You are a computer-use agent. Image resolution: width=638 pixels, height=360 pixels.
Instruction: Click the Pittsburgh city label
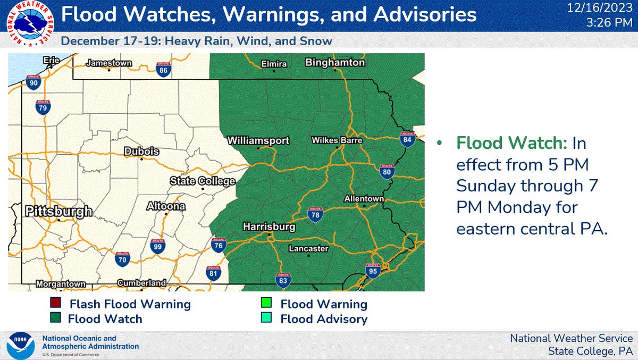(58, 212)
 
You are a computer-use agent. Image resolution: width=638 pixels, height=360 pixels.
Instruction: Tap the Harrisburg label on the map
(268, 227)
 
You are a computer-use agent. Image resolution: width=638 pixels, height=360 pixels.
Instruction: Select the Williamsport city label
(258, 141)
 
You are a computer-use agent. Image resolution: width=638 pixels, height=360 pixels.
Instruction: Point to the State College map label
(202, 181)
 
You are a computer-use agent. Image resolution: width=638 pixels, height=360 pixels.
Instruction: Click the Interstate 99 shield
(157, 246)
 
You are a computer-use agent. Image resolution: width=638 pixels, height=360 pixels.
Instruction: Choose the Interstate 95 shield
(373, 271)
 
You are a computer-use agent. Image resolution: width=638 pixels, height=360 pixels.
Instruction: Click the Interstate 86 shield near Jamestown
(164, 69)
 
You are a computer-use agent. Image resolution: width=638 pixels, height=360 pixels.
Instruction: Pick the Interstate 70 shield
(123, 259)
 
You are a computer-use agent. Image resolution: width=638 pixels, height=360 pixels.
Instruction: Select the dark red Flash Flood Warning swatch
(54, 304)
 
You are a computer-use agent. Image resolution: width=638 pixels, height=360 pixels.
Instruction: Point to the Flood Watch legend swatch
(54, 319)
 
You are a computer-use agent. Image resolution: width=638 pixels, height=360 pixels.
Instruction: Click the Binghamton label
(335, 63)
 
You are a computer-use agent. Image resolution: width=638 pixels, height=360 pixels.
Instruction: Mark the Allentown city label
(364, 199)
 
